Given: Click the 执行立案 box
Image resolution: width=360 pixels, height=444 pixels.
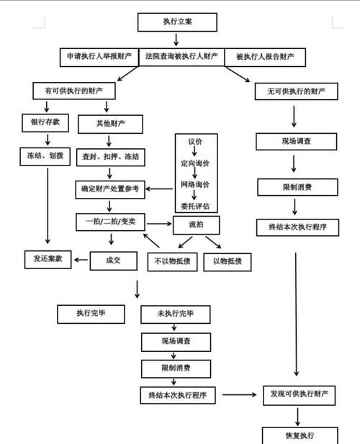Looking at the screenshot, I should (177, 22).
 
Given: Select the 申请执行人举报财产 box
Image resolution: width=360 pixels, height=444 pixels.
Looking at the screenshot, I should (100, 56).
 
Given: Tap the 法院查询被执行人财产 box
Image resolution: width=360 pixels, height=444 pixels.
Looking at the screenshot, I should (183, 56).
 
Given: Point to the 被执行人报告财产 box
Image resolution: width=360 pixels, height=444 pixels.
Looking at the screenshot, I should (265, 56).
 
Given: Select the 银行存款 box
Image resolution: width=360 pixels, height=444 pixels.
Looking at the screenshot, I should (45, 122).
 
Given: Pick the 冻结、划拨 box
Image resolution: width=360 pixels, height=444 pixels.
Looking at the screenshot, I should (45, 154).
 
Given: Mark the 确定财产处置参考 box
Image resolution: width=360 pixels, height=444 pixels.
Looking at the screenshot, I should (111, 190).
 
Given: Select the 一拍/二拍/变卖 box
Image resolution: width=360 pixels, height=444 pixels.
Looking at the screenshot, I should (109, 222).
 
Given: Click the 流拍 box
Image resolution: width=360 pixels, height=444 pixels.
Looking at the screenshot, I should (195, 224).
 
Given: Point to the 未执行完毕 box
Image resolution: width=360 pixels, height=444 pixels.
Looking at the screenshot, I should (174, 314).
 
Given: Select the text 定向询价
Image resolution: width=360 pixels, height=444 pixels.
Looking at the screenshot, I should (195, 164).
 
